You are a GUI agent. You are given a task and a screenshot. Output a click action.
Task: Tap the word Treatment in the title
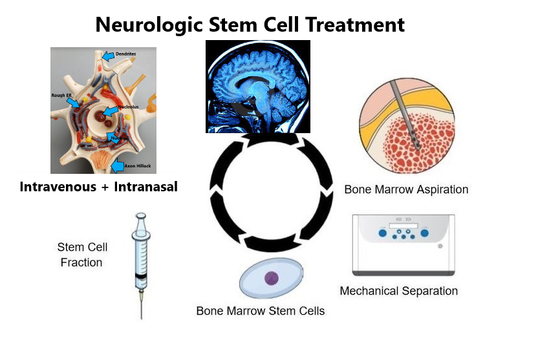click(x=356, y=25)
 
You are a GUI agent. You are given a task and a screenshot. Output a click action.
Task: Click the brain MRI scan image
click(x=257, y=86)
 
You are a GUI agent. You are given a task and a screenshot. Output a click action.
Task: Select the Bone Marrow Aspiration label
click(x=406, y=190)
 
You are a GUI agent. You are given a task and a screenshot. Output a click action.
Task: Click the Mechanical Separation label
click(x=399, y=291)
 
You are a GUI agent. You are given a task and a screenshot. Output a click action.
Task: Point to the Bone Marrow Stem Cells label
click(x=261, y=311)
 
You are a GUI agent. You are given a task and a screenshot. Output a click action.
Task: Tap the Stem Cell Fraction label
click(x=81, y=255)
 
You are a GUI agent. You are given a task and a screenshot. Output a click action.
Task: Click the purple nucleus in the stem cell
click(x=272, y=279)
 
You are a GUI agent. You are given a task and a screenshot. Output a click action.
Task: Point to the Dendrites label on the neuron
click(x=125, y=54)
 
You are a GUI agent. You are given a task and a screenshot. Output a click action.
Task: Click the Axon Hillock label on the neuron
click(x=138, y=166)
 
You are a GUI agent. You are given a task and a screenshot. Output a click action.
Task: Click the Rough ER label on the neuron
click(x=61, y=95)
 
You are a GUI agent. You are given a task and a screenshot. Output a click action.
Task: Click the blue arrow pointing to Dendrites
click(x=108, y=56)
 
